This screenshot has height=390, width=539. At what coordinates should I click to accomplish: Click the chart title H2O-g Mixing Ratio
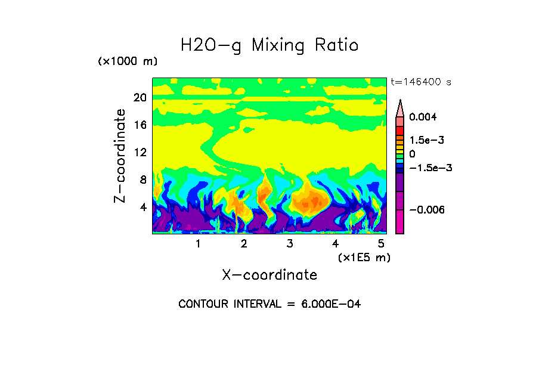point(269,45)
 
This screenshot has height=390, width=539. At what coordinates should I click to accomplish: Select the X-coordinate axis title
point(269,275)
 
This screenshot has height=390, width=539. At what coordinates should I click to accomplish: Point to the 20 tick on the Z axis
point(140,98)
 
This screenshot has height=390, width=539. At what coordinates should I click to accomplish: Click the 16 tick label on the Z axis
point(140,125)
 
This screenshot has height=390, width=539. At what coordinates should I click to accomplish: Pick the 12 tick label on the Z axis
point(140,152)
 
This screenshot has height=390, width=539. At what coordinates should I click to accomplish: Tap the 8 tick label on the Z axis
point(143,179)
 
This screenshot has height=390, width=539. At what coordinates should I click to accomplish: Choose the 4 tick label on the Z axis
point(143,207)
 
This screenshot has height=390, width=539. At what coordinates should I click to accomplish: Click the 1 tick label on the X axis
point(198,244)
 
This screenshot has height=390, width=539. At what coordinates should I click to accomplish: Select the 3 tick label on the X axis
point(290,244)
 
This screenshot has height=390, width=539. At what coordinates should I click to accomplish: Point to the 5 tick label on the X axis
point(381,244)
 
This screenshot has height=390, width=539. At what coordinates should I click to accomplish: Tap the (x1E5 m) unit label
point(364,258)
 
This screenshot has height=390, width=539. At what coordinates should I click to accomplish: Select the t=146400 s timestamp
point(420,82)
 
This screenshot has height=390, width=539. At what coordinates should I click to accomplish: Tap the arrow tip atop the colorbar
point(400,102)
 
